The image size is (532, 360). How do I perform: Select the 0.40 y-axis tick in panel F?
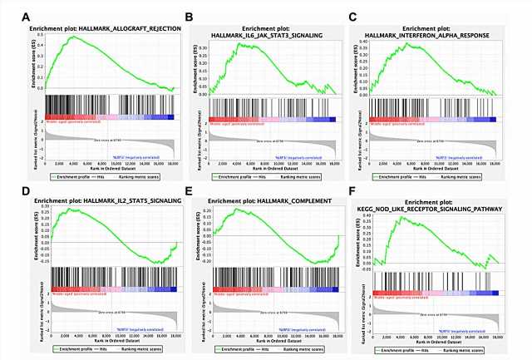pyautogui.click(x=366, y=215)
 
